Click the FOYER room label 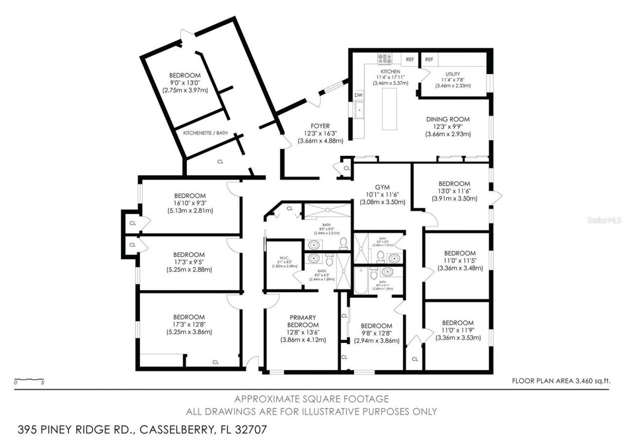tap(320, 125)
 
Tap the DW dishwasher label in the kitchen tap(359, 95)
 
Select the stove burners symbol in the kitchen tap(385, 59)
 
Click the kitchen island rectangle tap(389, 110)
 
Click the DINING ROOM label tap(448, 119)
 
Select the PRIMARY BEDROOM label tap(303, 321)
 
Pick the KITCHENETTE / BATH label tap(205, 132)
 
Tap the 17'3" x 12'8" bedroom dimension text tap(189, 325)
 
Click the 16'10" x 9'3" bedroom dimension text tap(189, 203)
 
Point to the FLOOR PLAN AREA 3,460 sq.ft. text tap(561, 381)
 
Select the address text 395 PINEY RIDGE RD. tap(78, 430)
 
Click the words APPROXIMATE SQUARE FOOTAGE tap(311, 399)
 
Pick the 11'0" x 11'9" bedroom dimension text tap(458, 330)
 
